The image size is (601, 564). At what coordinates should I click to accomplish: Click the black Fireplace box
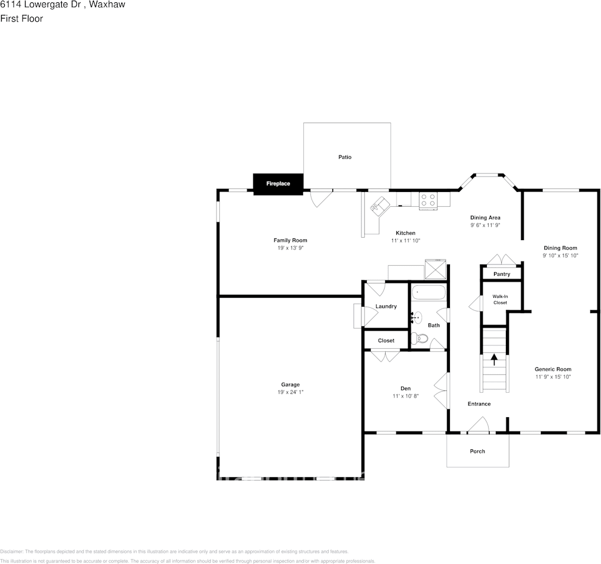(278, 184)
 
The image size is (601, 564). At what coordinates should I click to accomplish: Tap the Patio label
(345, 157)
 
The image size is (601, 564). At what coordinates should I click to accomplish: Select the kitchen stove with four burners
(427, 200)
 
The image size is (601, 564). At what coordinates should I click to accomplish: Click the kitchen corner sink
(378, 206)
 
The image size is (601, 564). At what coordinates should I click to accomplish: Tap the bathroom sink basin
(417, 318)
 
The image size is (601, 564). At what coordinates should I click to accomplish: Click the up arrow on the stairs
(494, 359)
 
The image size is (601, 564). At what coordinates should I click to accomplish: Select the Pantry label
(502, 274)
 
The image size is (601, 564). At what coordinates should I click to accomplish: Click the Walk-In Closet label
(499, 299)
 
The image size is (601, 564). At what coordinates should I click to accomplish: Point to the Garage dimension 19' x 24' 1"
(291, 392)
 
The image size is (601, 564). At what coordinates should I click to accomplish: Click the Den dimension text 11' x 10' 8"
(405, 396)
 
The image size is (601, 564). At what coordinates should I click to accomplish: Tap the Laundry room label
(386, 306)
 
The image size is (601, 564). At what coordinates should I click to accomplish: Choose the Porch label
(477, 451)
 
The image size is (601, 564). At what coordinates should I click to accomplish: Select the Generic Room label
(553, 369)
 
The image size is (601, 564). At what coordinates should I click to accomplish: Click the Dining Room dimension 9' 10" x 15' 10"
(560, 256)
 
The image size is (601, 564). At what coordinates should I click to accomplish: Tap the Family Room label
(290, 240)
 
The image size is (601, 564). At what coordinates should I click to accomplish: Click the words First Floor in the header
(21, 18)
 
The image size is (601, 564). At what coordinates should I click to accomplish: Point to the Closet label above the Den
(386, 341)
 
